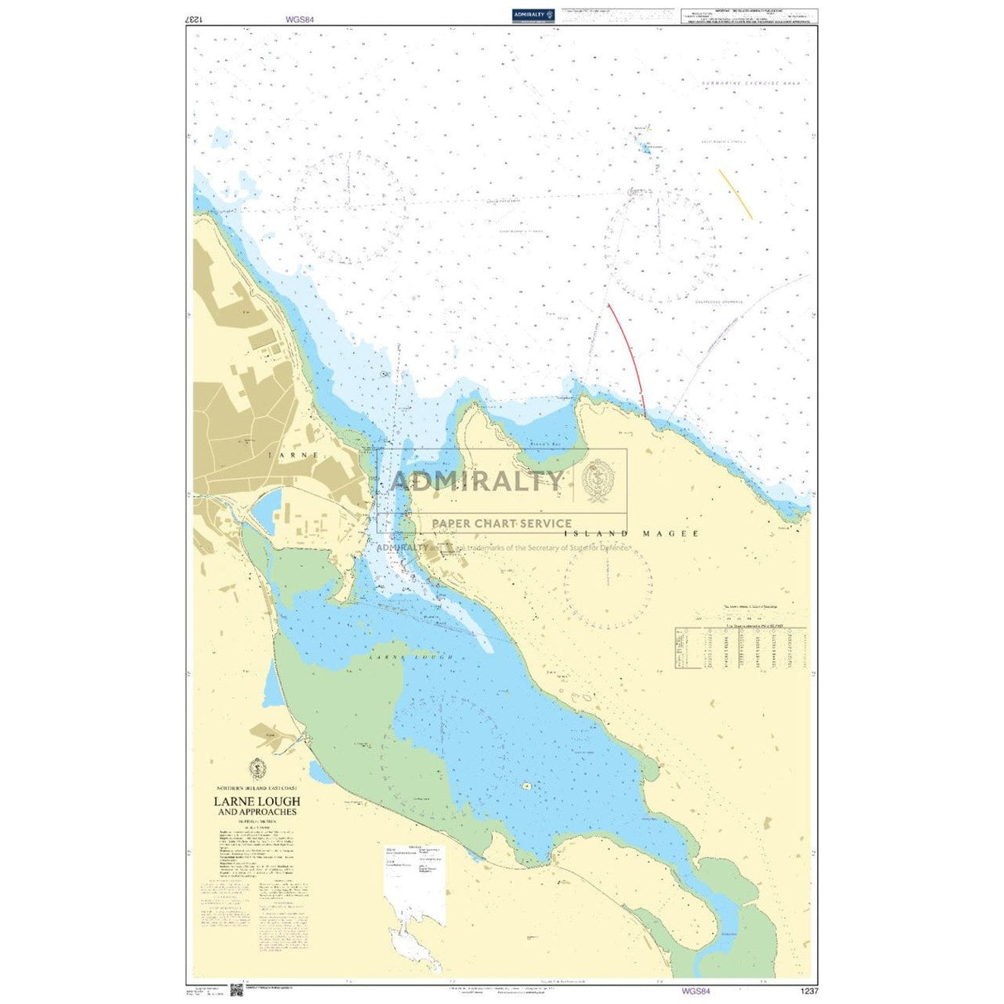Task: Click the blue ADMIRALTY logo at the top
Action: point(532,14)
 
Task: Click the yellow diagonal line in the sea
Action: point(735,194)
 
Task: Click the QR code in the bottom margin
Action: point(235,989)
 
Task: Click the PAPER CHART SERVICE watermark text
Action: point(501,524)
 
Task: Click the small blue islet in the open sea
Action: point(646,148)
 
